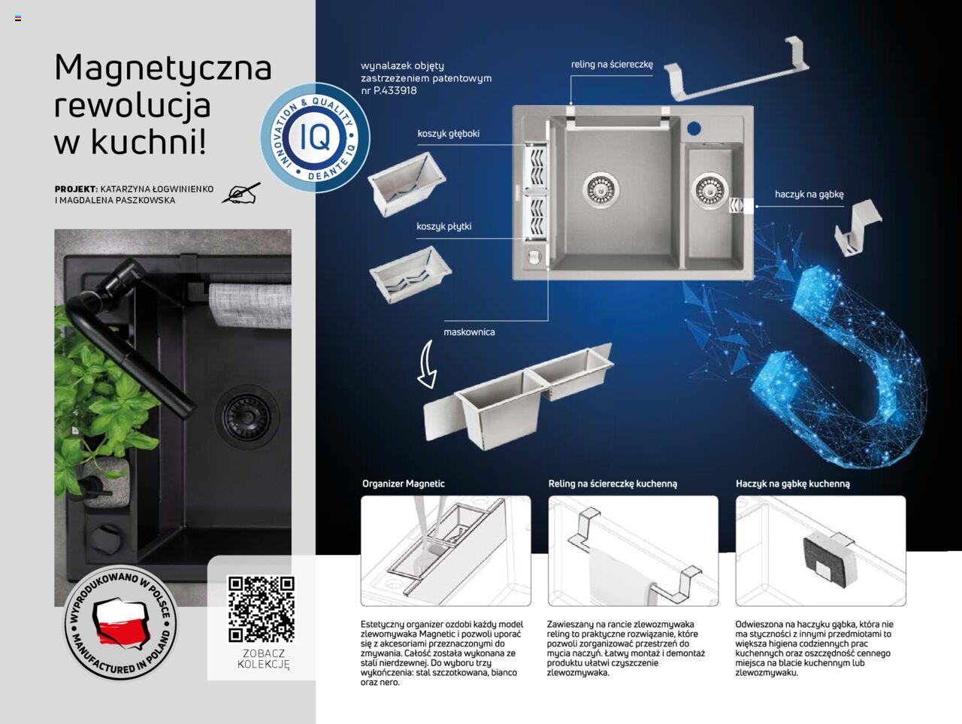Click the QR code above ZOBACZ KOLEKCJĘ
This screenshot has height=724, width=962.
tap(262, 609)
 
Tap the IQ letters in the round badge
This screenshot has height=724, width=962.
tap(315, 137)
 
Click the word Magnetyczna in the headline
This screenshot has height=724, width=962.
tap(163, 68)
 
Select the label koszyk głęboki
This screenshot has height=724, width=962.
tap(448, 134)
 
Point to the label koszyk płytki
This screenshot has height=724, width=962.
tap(443, 226)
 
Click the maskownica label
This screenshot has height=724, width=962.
tap(469, 332)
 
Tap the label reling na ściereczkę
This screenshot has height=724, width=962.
tap(612, 65)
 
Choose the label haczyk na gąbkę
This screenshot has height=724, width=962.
tap(809, 194)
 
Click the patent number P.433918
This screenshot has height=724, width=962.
tap(395, 91)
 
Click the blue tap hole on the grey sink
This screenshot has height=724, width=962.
tap(694, 129)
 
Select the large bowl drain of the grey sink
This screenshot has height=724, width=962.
tap(600, 189)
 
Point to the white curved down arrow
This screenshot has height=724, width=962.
tap(426, 364)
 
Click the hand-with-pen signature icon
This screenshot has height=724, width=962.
tap(240, 193)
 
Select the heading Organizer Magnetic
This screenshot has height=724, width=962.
tap(403, 483)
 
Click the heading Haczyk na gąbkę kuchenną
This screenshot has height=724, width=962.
tap(793, 484)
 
